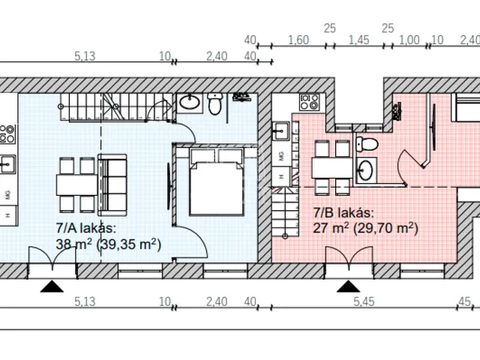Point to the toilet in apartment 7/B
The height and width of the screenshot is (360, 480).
367,144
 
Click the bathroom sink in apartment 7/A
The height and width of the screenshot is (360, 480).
188,102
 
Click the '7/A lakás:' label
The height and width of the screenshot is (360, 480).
84,229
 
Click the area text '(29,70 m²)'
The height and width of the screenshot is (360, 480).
386,228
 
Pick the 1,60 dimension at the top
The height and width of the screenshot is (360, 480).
298,40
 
